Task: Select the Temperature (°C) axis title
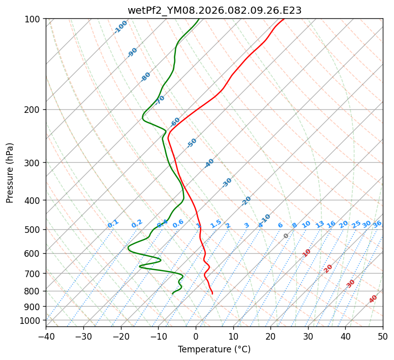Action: point(214,350)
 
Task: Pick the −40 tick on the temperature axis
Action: point(46,336)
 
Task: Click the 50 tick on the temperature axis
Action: point(383,336)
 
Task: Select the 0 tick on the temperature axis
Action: point(196,336)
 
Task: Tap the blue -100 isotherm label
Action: point(120,27)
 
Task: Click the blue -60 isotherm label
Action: point(175,122)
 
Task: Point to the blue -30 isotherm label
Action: point(227,183)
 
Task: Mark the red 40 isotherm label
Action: point(373,299)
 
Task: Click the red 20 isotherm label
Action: point(328,268)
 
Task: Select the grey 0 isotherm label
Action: point(286,236)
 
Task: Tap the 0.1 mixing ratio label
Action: point(113,224)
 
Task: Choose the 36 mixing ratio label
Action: point(377,224)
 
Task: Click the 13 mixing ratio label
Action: point(320,224)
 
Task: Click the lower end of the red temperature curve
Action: point(213,293)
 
